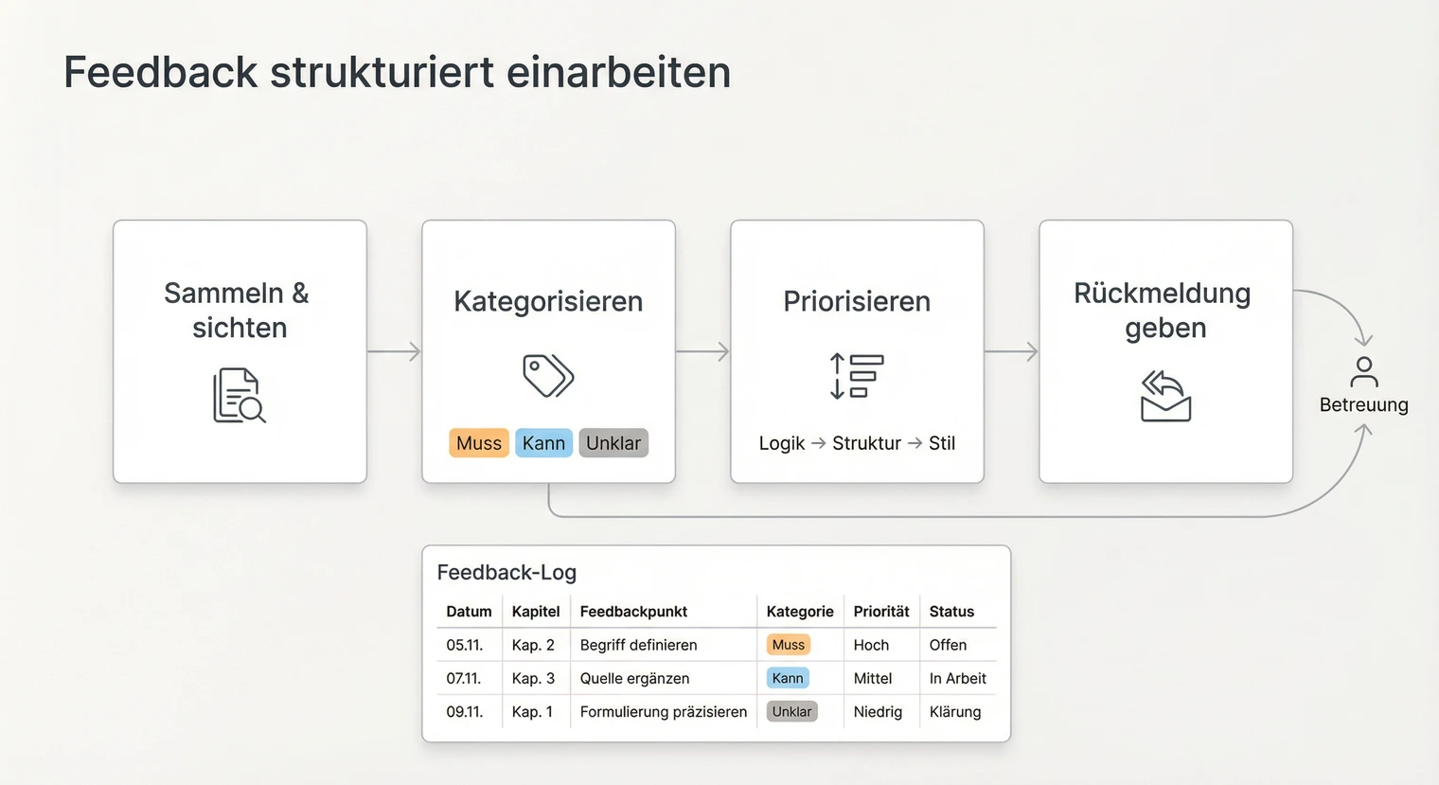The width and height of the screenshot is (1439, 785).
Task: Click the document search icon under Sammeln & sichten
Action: click(239, 395)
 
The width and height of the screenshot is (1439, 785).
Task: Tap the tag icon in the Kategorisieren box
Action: click(548, 375)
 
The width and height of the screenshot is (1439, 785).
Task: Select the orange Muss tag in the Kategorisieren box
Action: click(479, 443)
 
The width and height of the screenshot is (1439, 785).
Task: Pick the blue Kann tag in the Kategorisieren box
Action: click(543, 443)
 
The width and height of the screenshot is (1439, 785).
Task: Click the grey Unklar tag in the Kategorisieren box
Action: click(613, 443)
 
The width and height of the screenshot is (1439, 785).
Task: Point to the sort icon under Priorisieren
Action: click(856, 375)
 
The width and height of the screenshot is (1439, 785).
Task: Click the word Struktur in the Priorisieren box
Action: click(866, 443)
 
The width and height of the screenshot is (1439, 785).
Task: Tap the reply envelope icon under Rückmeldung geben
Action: click(1165, 396)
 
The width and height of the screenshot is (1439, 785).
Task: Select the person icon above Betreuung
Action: click(1363, 371)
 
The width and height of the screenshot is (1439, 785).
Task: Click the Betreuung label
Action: click(1363, 405)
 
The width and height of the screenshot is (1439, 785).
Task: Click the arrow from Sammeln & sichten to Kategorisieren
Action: click(394, 351)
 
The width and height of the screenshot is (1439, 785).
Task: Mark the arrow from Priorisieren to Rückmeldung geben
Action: click(1011, 351)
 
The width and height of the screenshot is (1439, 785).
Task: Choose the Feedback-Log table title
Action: click(506, 572)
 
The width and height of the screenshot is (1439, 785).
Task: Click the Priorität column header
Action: click(880, 612)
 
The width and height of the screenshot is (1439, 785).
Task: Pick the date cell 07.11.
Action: click(464, 678)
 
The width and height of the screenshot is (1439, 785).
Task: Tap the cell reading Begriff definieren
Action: click(638, 645)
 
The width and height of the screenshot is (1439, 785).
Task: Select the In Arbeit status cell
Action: click(957, 678)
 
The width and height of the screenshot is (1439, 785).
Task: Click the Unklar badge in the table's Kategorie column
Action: click(791, 712)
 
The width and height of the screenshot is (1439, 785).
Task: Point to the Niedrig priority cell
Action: click(878, 712)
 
